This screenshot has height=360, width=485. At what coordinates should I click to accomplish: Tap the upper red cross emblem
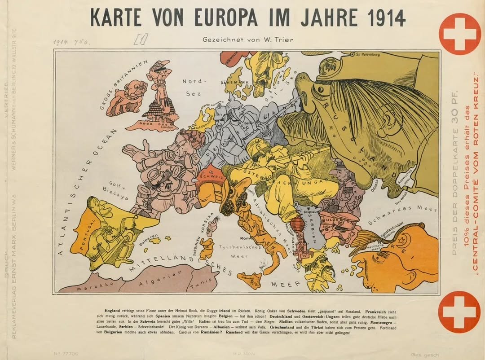(x=459, y=34)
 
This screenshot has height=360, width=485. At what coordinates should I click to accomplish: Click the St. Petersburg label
(x=367, y=55)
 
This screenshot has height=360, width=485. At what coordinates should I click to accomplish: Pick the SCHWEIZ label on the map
(x=210, y=177)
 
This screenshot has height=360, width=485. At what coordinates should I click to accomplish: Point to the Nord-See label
(x=194, y=88)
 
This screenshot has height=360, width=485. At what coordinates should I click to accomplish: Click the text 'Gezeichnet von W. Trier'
(x=248, y=39)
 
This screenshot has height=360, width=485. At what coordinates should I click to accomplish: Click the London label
(x=166, y=127)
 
